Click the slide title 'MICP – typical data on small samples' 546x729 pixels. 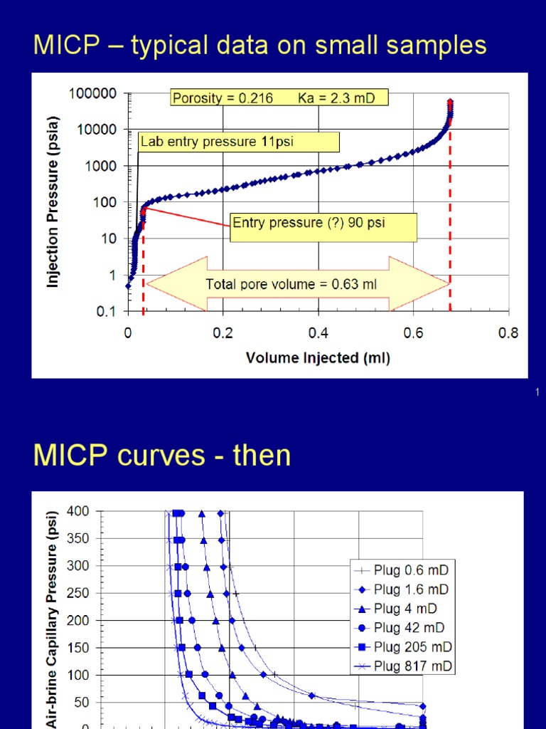259,46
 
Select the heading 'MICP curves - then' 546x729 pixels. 162,456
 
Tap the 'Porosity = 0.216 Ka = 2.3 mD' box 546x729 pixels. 279,98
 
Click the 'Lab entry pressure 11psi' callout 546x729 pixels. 238,142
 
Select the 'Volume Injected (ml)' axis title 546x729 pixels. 318,358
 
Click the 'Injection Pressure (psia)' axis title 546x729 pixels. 53,201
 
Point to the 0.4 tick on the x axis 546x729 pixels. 318,333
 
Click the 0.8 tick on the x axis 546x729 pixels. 509,333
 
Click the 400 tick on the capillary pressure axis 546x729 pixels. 77,511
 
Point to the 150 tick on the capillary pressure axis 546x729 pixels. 77,647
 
